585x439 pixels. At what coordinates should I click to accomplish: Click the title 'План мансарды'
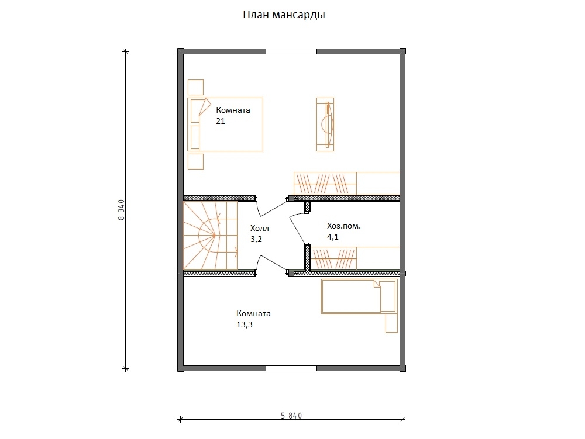(x=284, y=15)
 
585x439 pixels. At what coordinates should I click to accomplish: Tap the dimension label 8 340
(x=121, y=210)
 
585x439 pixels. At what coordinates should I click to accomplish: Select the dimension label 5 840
(x=291, y=415)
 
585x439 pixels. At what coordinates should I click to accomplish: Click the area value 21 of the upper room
(x=221, y=121)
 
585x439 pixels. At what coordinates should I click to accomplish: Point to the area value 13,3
(x=245, y=324)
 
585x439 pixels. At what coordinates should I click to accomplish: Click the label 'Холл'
(x=260, y=228)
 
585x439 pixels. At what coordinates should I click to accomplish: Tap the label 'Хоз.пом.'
(x=344, y=226)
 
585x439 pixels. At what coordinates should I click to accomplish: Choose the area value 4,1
(x=333, y=237)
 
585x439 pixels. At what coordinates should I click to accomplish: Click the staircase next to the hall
(x=210, y=236)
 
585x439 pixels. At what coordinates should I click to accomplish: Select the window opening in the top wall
(x=291, y=51)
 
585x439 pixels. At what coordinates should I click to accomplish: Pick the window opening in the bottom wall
(x=291, y=368)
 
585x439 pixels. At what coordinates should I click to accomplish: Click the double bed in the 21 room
(x=225, y=125)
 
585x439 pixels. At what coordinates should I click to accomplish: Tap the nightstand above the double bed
(x=195, y=88)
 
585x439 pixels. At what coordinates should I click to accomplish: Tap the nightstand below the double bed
(x=195, y=162)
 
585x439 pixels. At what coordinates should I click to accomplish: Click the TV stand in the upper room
(x=325, y=125)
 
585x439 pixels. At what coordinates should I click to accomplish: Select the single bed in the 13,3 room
(x=359, y=296)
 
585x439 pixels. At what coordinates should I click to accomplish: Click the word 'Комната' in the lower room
(x=254, y=314)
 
